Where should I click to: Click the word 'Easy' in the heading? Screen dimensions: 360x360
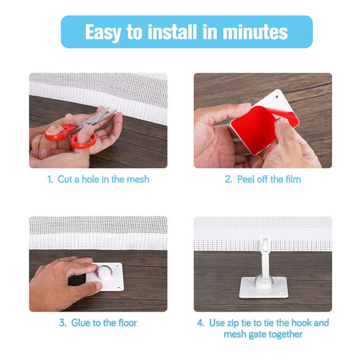click(108, 32)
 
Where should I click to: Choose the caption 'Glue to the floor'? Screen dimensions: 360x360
click(104, 323)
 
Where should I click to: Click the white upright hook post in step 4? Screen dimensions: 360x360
click(263, 261)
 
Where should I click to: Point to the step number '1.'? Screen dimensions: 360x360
click(51, 179)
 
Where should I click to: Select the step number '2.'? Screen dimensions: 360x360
click(229, 179)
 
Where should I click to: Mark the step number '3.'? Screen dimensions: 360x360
click(64, 323)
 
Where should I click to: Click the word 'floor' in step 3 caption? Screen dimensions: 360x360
click(126, 323)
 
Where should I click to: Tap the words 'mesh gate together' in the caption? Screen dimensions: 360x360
click(263, 334)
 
